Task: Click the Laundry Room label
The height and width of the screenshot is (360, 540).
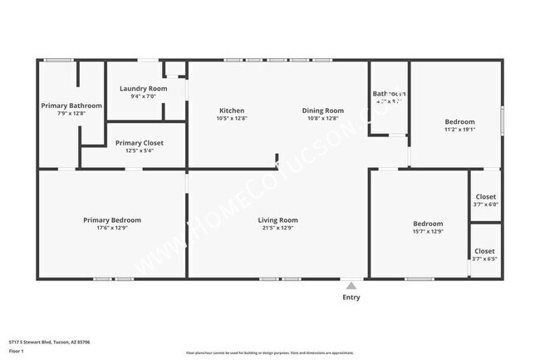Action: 143,88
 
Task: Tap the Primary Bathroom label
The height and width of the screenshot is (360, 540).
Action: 71,106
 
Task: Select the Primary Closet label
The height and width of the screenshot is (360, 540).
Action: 140,143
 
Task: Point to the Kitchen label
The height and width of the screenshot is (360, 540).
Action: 231,111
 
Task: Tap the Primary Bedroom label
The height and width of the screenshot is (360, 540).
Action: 112,219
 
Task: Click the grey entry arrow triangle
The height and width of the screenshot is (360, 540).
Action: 351,285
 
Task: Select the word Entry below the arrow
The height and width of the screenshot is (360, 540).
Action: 351,297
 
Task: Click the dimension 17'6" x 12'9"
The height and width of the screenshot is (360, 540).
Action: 112,227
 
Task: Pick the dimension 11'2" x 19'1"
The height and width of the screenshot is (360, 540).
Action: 459,129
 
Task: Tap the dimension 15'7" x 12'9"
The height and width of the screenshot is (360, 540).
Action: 428,231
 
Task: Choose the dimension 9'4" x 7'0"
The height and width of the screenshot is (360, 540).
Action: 143,96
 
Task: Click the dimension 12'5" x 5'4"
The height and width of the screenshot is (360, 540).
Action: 140,150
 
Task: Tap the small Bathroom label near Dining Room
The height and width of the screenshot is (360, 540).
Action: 389,94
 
